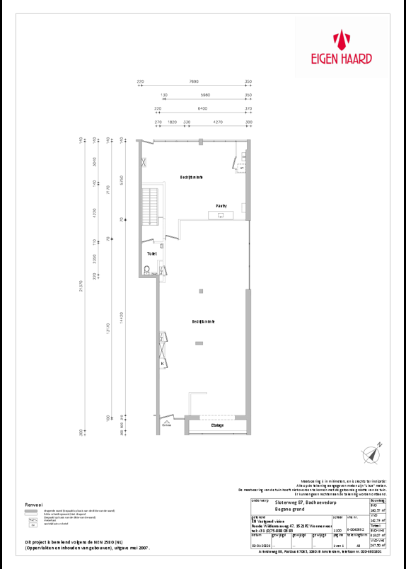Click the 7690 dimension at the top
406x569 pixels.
coord(195,82)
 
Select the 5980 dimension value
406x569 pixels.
coord(205,95)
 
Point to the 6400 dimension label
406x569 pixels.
coord(202,108)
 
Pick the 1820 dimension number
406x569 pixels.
coord(172,122)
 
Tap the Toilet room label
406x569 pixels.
coord(151,253)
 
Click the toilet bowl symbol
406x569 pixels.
coord(146,269)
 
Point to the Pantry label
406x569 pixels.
coord(221,206)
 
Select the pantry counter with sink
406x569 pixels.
coord(222,214)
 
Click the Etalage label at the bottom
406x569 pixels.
coord(217,425)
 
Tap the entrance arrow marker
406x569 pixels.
coord(167,420)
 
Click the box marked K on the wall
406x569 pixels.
coord(163,364)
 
